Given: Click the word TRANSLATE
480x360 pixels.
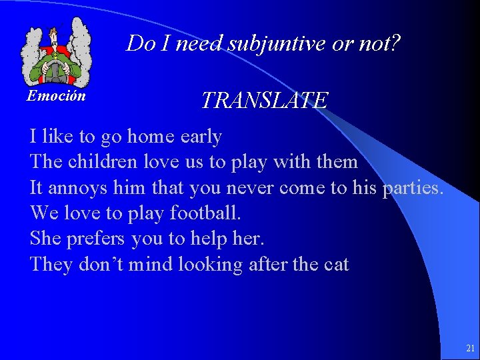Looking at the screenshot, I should (265, 101).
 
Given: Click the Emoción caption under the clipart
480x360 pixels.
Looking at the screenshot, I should (56, 96).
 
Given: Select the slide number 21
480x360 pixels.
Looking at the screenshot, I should (470, 348).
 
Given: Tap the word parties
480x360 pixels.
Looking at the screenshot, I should (413, 188).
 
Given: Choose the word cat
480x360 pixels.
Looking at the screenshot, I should (336, 265).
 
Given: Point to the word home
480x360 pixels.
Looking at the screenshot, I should (151, 137).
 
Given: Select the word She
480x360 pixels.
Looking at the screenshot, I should (45, 239).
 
